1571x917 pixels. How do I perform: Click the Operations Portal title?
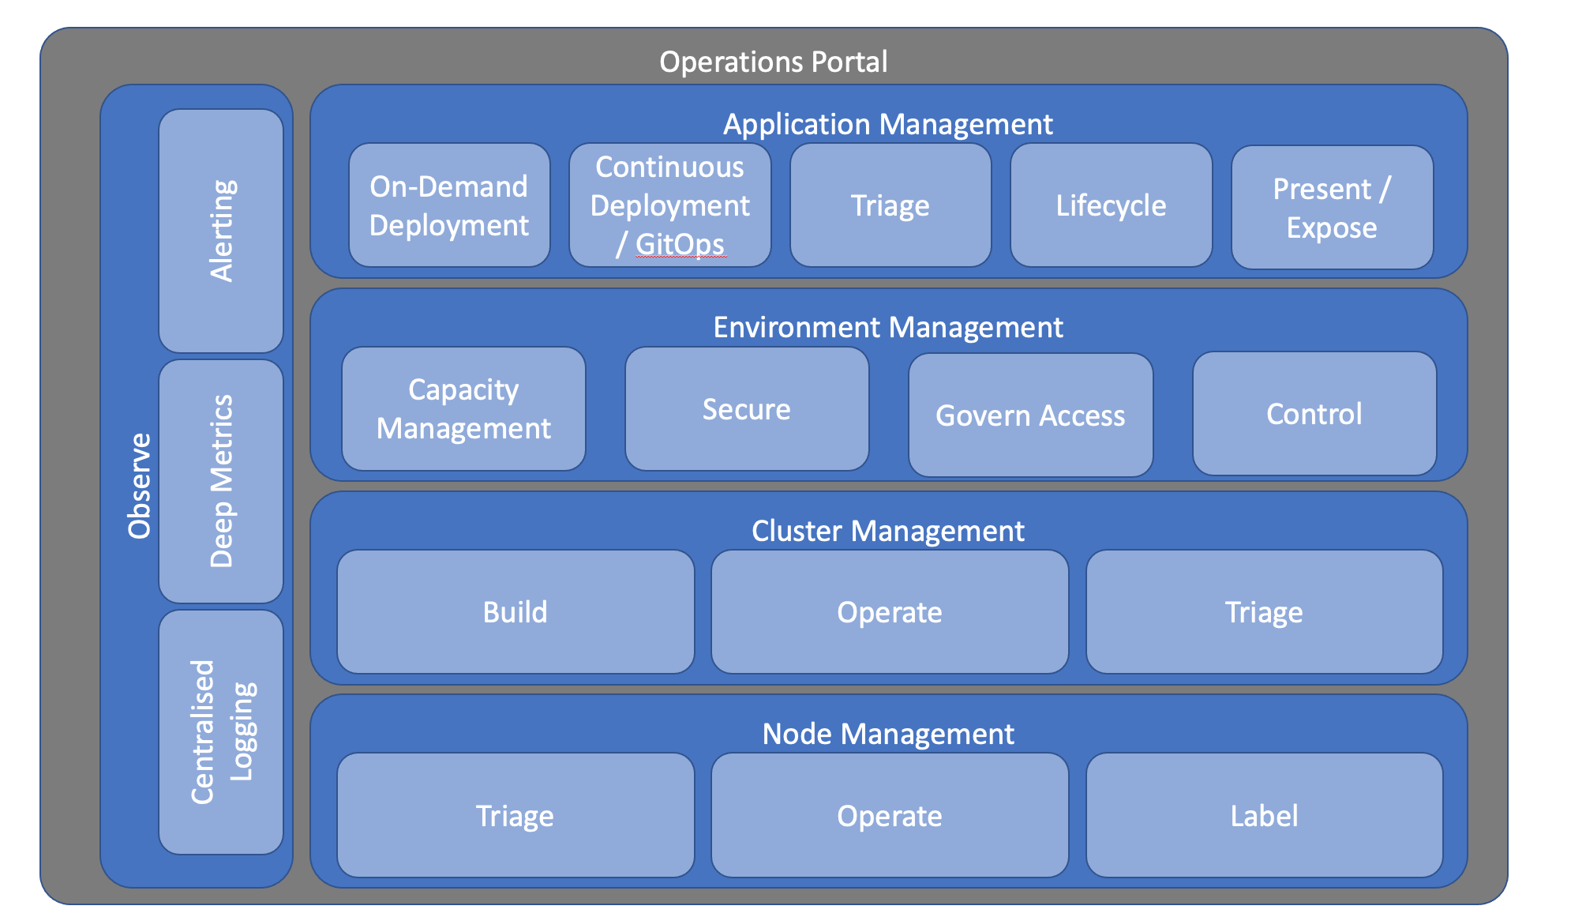click(x=773, y=62)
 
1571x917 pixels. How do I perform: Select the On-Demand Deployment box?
click(x=449, y=205)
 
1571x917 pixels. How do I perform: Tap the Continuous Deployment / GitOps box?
click(x=669, y=205)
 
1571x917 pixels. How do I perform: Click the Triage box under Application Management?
click(x=890, y=205)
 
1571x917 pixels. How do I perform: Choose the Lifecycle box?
click(x=1111, y=205)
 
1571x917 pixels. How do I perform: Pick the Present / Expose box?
click(x=1332, y=208)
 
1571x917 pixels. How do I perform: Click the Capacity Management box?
click(x=463, y=409)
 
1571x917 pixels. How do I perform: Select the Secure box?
click(x=747, y=409)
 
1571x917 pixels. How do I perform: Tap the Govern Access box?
click(x=1030, y=415)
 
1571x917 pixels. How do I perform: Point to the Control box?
click(x=1314, y=413)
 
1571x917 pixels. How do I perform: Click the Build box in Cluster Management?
click(x=516, y=612)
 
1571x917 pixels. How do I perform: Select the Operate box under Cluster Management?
click(x=890, y=612)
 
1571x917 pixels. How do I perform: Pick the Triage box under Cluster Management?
click(x=1264, y=612)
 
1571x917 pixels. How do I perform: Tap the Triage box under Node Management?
click(x=516, y=815)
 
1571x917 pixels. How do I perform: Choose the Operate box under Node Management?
click(x=890, y=815)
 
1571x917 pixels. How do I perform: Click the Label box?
click(x=1264, y=815)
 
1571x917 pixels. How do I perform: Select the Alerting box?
click(x=221, y=231)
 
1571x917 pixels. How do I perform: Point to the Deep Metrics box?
click(x=221, y=481)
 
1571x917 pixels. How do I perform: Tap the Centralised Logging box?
click(x=221, y=732)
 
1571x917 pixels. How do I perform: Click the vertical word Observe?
click(x=140, y=486)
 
